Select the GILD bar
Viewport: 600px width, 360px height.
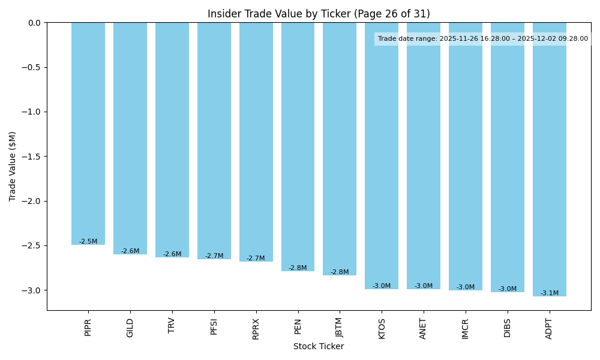point(130,138)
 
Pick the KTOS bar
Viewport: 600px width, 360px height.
point(382,155)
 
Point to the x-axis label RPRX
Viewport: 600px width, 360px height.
point(256,328)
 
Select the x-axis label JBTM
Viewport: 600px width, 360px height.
point(340,328)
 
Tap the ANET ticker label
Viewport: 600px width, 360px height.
point(424,328)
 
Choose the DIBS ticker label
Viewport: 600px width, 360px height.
point(508,328)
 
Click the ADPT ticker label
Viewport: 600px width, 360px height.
point(549,328)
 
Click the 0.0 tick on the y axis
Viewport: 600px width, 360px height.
point(34,23)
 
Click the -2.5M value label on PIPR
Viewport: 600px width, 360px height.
point(88,241)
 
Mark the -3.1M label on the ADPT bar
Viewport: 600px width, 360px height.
point(549,293)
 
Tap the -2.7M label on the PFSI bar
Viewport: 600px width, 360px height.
point(214,256)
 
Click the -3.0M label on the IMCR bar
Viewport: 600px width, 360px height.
point(466,287)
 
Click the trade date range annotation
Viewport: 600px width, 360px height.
point(483,39)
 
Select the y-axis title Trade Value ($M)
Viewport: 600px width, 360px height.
point(13,166)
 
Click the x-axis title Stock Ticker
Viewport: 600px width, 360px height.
point(319,346)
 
